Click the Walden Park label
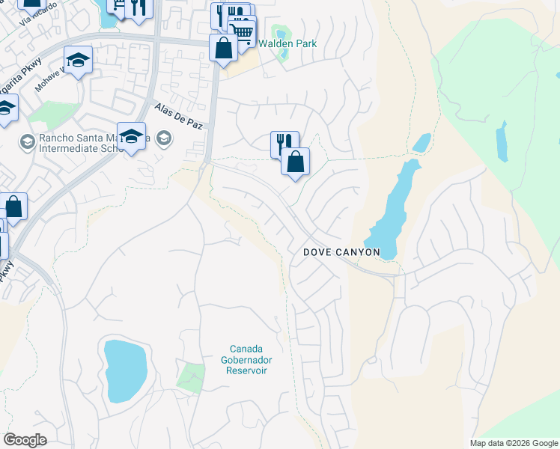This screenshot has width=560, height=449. pos(287,43)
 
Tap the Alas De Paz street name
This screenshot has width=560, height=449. pos(178,116)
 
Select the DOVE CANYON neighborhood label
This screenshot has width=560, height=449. pos(341,253)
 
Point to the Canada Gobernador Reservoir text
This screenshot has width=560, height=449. pos(251,359)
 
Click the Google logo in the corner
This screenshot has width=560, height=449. pos(25,440)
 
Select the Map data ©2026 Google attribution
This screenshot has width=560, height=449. pos(513,443)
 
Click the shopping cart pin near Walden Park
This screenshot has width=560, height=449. pos(242,31)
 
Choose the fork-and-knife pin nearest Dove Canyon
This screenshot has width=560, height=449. pos(284,143)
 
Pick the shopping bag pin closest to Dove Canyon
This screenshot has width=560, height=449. pos(296,162)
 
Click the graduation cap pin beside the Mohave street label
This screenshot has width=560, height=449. pos(78,60)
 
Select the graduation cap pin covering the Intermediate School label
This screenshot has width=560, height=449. pos(131,137)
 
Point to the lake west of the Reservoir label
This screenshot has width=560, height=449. pos(123,370)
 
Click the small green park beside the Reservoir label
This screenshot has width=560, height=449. pos(192,377)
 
